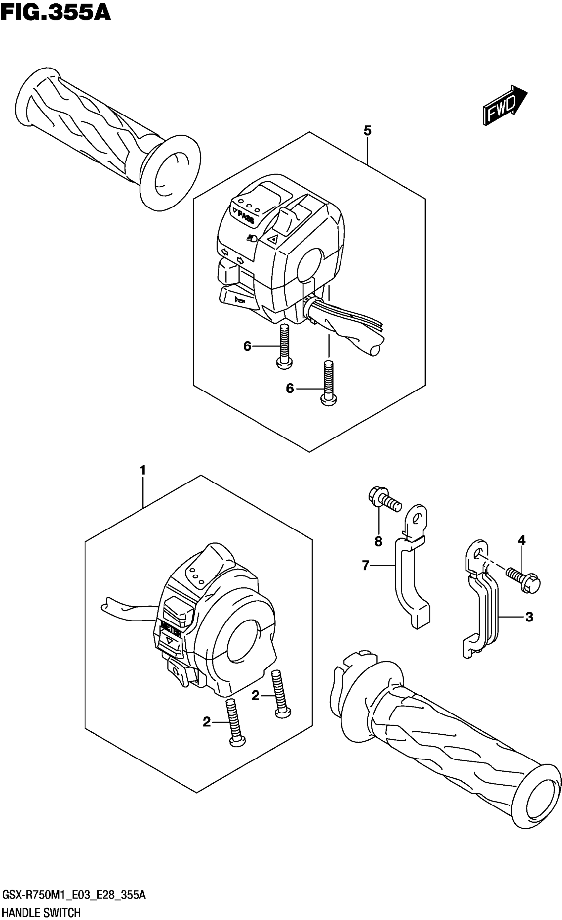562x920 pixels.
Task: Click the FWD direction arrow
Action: click(504, 105)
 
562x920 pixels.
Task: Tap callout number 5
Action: click(367, 131)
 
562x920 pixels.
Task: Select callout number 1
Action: click(142, 470)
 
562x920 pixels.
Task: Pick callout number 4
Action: click(521, 540)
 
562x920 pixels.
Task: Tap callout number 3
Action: click(529, 617)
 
